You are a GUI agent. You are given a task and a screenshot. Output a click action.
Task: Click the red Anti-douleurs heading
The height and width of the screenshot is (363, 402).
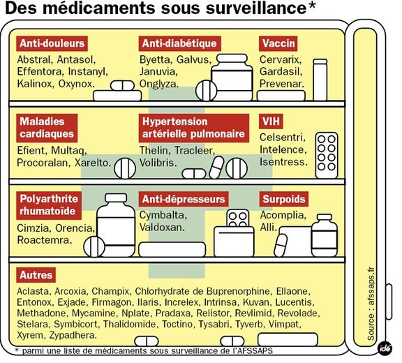[52, 43]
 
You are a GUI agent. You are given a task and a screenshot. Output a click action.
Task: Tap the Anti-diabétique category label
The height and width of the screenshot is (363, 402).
[179, 43]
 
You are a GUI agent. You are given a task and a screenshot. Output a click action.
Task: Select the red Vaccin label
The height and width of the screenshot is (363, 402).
[278, 43]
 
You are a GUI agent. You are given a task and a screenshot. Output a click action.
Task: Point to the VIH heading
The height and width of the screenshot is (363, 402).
[271, 121]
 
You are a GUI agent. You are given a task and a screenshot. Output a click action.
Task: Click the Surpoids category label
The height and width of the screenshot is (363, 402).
[284, 199]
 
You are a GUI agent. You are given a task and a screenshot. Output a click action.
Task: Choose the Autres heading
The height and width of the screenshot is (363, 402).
[36, 275]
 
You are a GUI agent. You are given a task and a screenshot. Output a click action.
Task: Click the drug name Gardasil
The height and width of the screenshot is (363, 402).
[281, 71]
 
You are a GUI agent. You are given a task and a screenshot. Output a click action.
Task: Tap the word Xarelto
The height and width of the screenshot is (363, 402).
[93, 163]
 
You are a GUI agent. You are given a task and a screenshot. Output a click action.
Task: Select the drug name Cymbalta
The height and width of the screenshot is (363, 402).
[163, 216]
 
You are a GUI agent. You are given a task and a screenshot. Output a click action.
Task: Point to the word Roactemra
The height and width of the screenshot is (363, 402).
[45, 240]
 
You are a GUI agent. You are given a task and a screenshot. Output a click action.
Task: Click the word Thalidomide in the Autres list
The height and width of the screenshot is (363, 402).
[130, 324]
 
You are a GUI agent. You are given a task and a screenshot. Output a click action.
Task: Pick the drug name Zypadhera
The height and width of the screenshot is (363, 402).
[73, 335]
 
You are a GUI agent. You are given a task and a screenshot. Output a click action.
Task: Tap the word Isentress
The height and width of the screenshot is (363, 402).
[283, 162]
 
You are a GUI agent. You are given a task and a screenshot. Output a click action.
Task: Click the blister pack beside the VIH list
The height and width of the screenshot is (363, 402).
[327, 156]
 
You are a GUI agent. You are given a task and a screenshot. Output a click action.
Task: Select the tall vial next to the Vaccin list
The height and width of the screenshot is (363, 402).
[320, 80]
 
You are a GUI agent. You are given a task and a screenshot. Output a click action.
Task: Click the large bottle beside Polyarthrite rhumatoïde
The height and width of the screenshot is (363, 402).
[116, 225]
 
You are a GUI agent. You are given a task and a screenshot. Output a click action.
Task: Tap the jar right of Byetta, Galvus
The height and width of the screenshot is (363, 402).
[232, 77]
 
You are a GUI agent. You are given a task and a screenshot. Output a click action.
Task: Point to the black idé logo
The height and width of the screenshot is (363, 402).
[385, 348]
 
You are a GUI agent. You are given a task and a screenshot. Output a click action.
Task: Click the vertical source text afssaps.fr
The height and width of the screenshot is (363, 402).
[371, 304]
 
